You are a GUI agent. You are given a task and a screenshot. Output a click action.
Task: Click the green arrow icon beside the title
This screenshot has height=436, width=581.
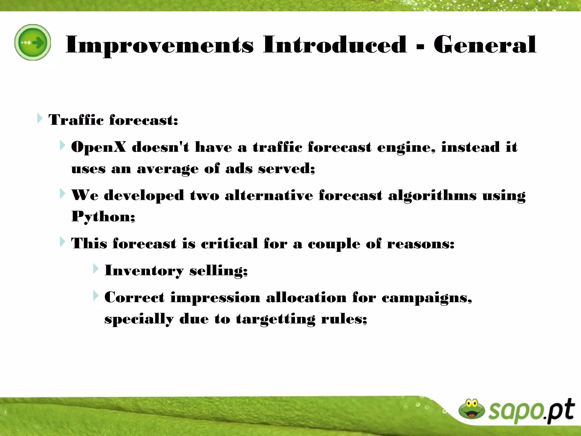click(33, 42)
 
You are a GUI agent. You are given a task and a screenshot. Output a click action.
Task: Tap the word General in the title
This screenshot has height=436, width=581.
click(485, 45)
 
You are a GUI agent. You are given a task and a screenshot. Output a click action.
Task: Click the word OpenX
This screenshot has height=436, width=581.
click(98, 147)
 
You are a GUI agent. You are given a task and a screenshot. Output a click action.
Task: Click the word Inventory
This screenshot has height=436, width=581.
click(144, 271)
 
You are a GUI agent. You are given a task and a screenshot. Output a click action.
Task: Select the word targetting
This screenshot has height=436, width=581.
click(275, 319)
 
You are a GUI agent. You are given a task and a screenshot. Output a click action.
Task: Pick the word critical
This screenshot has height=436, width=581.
click(229, 244)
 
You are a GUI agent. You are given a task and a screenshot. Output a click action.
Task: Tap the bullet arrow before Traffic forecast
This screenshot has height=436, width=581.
click(40, 118)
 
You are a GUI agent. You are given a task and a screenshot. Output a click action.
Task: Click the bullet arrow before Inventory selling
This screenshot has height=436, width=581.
click(96, 269)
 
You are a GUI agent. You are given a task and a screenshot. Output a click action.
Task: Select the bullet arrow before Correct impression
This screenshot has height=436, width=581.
click(96, 296)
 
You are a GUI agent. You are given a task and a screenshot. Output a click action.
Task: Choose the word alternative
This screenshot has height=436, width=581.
click(269, 196)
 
